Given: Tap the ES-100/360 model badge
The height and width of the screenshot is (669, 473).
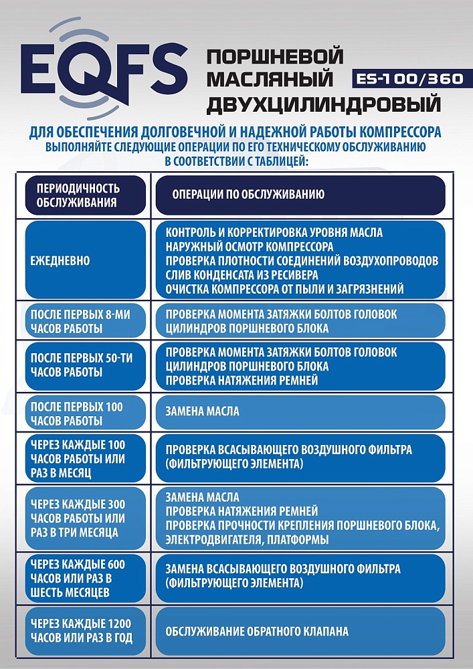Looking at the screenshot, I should (407, 78).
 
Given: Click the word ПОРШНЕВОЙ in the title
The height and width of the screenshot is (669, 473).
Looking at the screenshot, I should (276, 56).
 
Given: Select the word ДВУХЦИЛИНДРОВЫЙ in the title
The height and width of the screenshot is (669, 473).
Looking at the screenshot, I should (324, 104).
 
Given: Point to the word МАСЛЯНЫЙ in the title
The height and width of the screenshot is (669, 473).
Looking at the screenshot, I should (270, 80).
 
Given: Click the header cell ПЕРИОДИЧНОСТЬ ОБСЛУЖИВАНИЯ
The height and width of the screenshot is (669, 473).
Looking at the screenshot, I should (84, 195).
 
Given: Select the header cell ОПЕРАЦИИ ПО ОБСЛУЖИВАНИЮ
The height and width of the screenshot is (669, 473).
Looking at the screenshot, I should (248, 195).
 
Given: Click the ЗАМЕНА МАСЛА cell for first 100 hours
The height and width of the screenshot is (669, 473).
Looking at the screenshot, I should (202, 411).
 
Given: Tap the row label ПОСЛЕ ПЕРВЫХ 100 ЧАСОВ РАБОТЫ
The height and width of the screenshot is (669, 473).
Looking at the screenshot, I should (76, 413).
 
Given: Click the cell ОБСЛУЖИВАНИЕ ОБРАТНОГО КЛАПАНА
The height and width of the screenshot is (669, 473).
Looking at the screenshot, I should (257, 631).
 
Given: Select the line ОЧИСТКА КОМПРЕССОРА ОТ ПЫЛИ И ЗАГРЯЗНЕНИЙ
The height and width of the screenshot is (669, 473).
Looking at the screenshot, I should (284, 289).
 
